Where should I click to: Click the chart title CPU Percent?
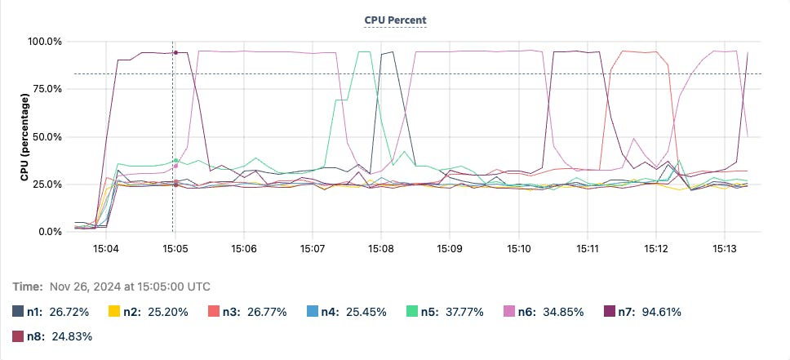pyautogui.click(x=395, y=20)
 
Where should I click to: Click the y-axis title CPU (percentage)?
pyautogui.click(x=26, y=136)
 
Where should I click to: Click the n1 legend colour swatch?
pyautogui.click(x=18, y=311)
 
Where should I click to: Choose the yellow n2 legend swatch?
pyautogui.click(x=116, y=311)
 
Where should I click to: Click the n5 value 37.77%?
pyautogui.click(x=463, y=311)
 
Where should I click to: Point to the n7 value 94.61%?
pyautogui.click(x=659, y=311)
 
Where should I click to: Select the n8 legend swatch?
pyautogui.click(x=18, y=336)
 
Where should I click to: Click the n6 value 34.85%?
pyautogui.click(x=561, y=311)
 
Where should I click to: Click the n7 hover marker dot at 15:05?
pyautogui.click(x=175, y=52)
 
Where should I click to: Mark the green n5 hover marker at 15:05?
pyautogui.click(x=175, y=160)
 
